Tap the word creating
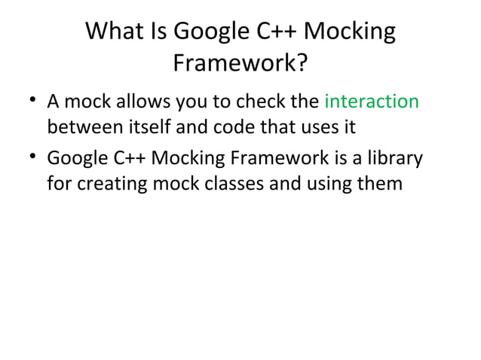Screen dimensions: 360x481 [110, 185]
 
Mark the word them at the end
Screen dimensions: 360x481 [381, 185]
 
